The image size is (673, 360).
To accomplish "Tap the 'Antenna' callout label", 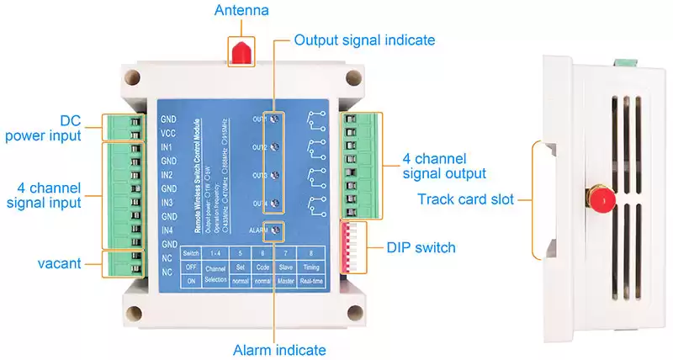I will tap(241, 12).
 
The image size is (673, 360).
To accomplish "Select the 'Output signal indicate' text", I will tap(363, 40).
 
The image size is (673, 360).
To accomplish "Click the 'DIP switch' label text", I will tap(421, 247).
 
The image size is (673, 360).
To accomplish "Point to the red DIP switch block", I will tap(352, 246).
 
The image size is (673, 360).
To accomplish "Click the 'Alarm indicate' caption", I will tap(279, 349).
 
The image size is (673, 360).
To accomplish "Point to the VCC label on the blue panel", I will tap(168, 133).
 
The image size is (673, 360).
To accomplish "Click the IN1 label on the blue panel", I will tap(167, 146).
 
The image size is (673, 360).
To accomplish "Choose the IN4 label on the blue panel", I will tap(167, 230).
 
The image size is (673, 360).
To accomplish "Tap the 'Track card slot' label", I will tap(465, 200).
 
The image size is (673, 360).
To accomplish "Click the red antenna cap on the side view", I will tap(601, 203).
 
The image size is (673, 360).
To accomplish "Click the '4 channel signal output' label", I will tap(443, 166).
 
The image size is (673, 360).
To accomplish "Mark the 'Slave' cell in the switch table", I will tap(284, 267).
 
